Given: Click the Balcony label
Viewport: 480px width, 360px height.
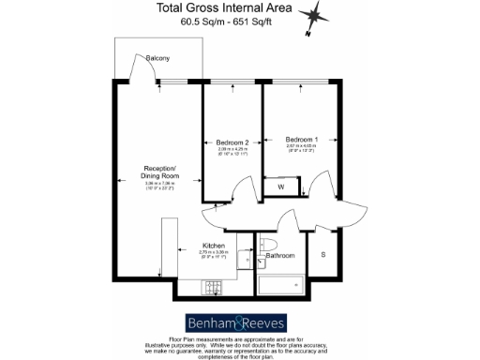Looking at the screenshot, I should click(158, 59).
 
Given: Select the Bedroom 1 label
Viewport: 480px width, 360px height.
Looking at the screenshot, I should click(302, 140).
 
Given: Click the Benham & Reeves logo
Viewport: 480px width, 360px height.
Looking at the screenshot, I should click(239, 318).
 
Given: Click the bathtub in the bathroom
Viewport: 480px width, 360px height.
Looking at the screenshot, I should click(279, 284).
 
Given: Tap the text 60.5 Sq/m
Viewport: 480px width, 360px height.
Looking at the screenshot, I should click(191, 25).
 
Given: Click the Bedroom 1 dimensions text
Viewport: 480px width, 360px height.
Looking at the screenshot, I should click(302, 148).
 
